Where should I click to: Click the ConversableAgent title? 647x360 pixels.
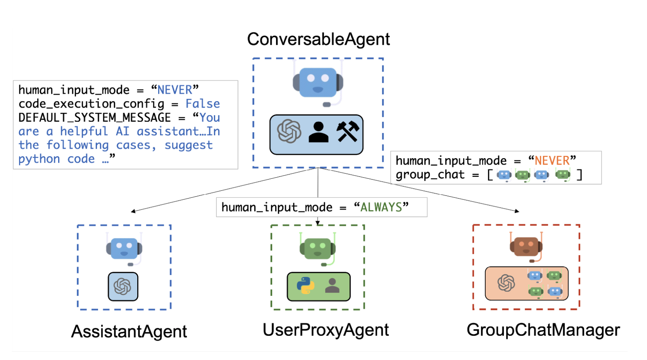pyautogui.click(x=318, y=39)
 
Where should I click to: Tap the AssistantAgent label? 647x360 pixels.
pyautogui.click(x=129, y=332)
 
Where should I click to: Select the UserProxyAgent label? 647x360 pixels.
pyautogui.click(x=325, y=330)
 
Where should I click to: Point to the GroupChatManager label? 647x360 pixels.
pyautogui.click(x=543, y=330)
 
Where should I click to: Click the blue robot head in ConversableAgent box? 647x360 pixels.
pyautogui.click(x=318, y=82)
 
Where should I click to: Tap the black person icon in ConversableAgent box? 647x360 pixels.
pyautogui.click(x=318, y=132)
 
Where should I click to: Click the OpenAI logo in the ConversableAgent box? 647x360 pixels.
pyautogui.click(x=289, y=131)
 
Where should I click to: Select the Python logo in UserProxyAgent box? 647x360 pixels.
pyautogui.click(x=305, y=286)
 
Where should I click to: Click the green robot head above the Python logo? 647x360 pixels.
pyautogui.click(x=318, y=249)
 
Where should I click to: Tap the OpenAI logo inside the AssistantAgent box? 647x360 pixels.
pyautogui.click(x=123, y=286)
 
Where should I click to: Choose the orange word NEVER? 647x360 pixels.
pyautogui.click(x=552, y=161)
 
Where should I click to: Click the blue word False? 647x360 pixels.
pyautogui.click(x=202, y=104)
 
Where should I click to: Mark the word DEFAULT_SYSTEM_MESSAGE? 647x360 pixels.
pyautogui.click(x=95, y=117)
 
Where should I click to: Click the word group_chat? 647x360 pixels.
pyautogui.click(x=430, y=174)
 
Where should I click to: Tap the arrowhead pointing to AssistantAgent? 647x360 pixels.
pyautogui.click(x=133, y=211)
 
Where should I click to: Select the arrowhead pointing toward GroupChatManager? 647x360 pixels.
pyautogui.click(x=517, y=211)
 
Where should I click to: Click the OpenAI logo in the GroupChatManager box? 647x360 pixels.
pyautogui.click(x=506, y=283)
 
